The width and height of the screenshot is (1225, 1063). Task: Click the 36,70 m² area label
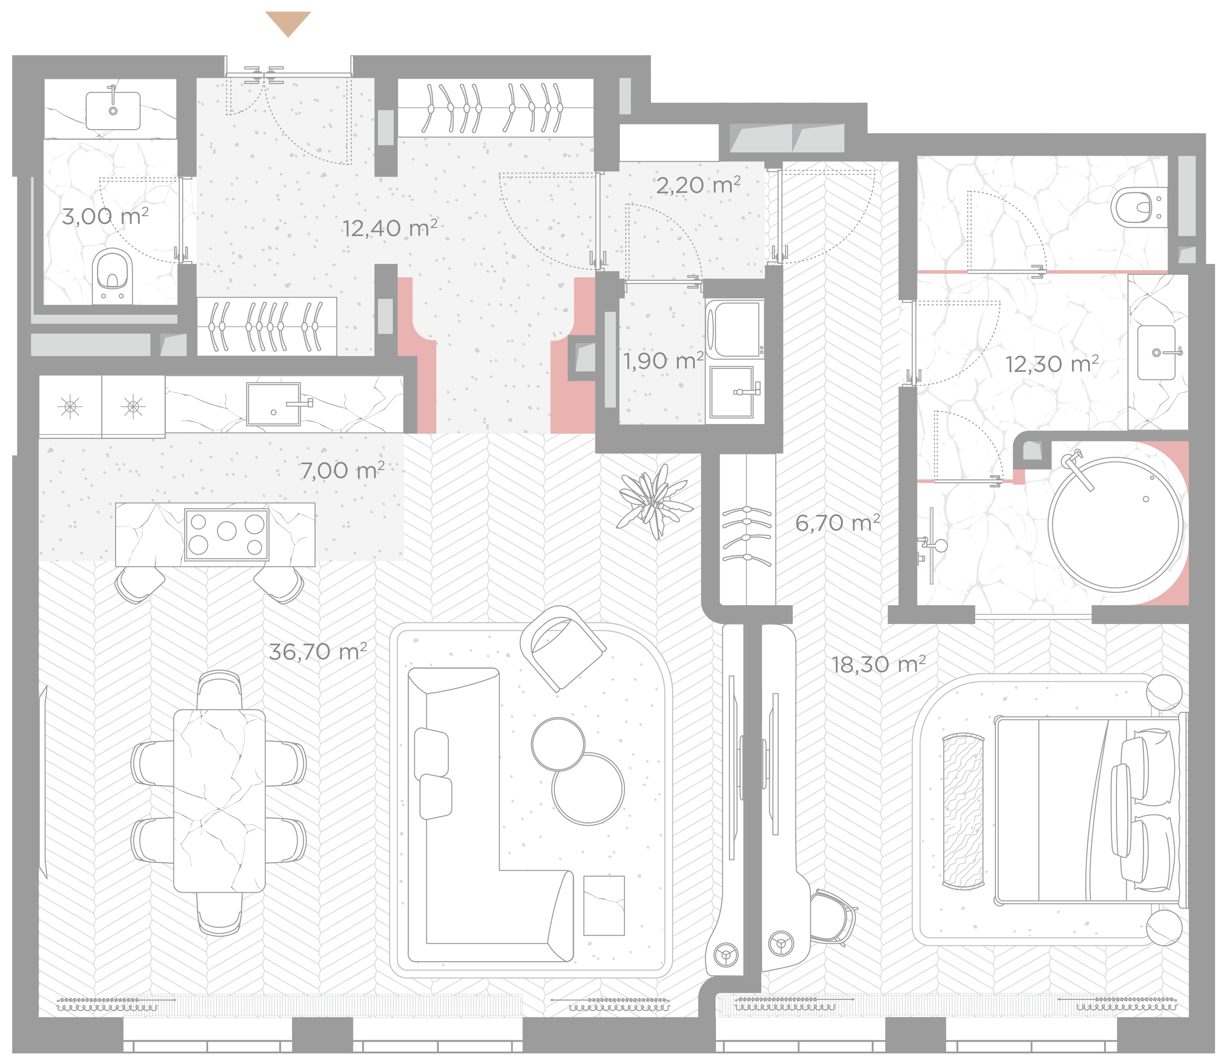click(318, 651)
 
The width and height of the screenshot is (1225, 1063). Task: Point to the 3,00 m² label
click(105, 216)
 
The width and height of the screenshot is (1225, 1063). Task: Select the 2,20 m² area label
click(698, 185)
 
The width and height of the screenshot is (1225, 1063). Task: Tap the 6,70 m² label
click(837, 522)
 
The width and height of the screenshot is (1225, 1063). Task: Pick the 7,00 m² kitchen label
click(342, 470)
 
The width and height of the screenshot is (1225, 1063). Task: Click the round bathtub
click(1116, 523)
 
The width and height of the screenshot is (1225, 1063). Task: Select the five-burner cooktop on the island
click(226, 535)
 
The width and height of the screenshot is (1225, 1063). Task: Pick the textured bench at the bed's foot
click(963, 812)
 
